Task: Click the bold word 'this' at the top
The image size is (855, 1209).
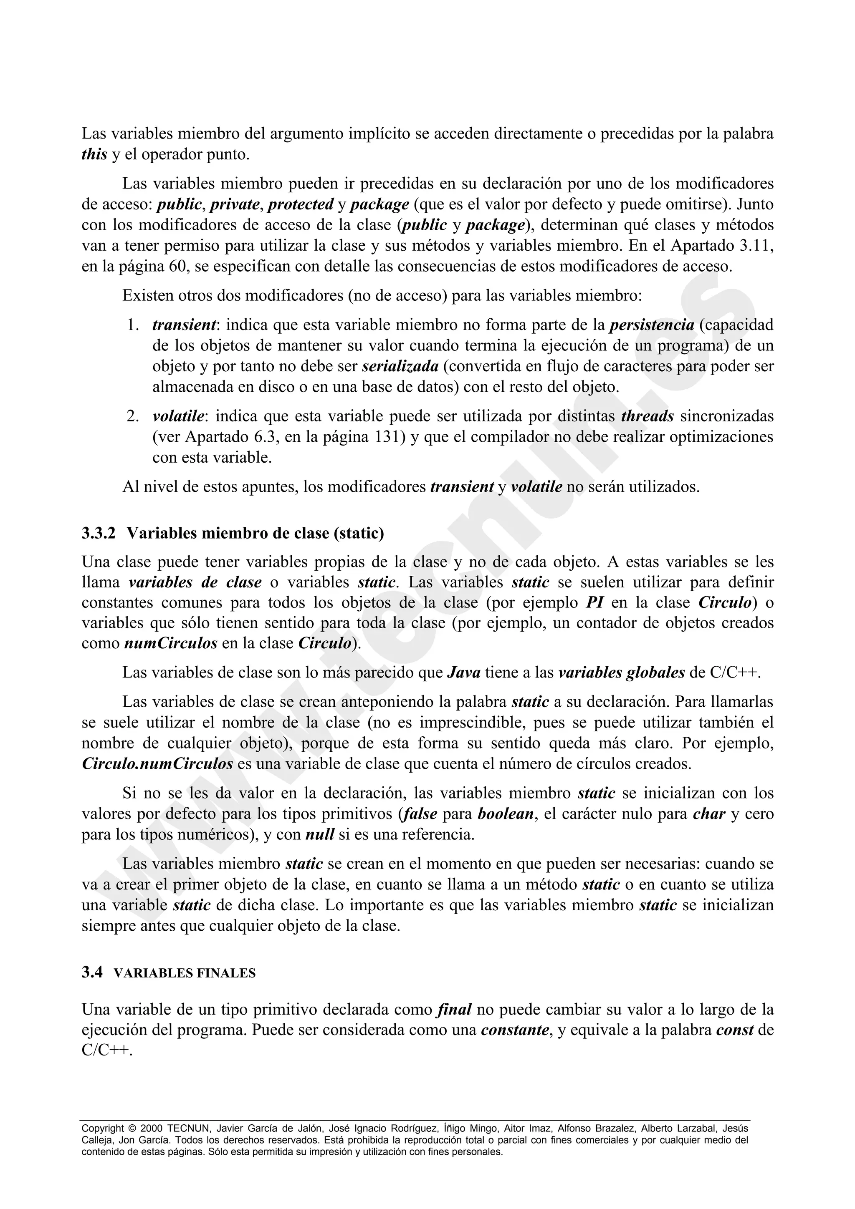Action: (94, 155)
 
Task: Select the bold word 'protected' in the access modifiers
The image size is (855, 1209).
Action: (300, 204)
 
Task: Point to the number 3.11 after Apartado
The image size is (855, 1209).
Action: (756, 246)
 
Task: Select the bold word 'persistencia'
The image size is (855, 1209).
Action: (652, 325)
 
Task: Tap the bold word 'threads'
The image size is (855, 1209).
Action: (648, 416)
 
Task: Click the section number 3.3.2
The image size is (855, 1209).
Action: (99, 534)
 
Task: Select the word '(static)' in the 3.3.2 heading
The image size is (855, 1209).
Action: (359, 534)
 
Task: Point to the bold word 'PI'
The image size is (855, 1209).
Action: (594, 602)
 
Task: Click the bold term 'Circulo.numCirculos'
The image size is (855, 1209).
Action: (157, 764)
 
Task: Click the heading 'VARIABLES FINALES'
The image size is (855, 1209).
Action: (185, 974)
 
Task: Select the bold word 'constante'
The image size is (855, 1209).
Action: (515, 1030)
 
